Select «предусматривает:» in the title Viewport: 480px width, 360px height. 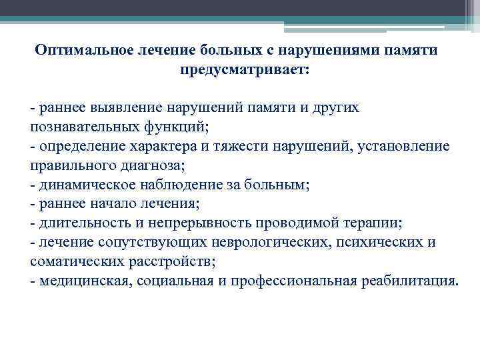[244, 69]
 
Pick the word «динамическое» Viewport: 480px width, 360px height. [83, 183]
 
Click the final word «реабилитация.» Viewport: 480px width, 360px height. [406, 280]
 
